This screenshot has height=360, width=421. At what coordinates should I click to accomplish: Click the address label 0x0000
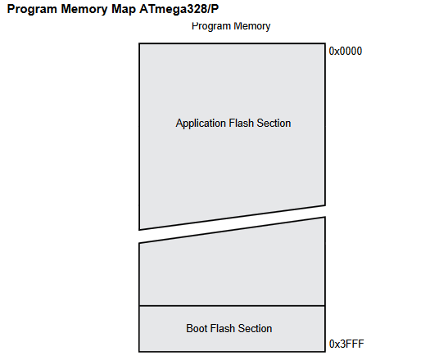pyautogui.click(x=346, y=51)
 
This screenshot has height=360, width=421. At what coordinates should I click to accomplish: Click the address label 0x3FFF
pyautogui.click(x=346, y=344)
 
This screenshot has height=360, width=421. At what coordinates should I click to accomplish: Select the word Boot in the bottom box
pyautogui.click(x=197, y=328)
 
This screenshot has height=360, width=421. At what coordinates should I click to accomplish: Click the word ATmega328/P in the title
pyautogui.click(x=179, y=9)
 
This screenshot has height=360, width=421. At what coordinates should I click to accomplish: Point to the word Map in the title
pyautogui.click(x=124, y=9)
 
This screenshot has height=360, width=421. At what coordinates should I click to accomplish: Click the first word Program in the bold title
pyautogui.click(x=32, y=10)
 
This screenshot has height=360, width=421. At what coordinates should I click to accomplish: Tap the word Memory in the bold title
pyautogui.click(x=84, y=10)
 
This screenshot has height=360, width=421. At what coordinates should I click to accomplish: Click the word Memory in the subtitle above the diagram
pyautogui.click(x=252, y=26)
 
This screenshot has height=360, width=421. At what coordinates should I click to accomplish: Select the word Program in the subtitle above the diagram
pyautogui.click(x=211, y=26)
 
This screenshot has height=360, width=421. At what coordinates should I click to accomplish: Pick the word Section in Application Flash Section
pyautogui.click(x=274, y=123)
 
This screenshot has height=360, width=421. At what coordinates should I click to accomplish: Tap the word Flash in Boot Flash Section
pyautogui.click(x=222, y=328)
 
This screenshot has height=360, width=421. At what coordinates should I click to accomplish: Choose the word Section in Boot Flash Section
pyautogui.click(x=255, y=328)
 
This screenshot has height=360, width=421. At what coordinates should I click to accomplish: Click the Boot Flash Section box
pyautogui.click(x=232, y=329)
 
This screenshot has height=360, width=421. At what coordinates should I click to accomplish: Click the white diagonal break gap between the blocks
pyautogui.click(x=232, y=224)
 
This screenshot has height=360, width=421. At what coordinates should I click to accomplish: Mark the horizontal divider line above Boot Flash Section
pyautogui.click(x=232, y=306)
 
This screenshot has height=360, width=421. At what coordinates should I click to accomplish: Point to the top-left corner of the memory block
pyautogui.click(x=139, y=43)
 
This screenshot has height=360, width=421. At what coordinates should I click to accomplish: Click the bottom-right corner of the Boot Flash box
pyautogui.click(x=325, y=352)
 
